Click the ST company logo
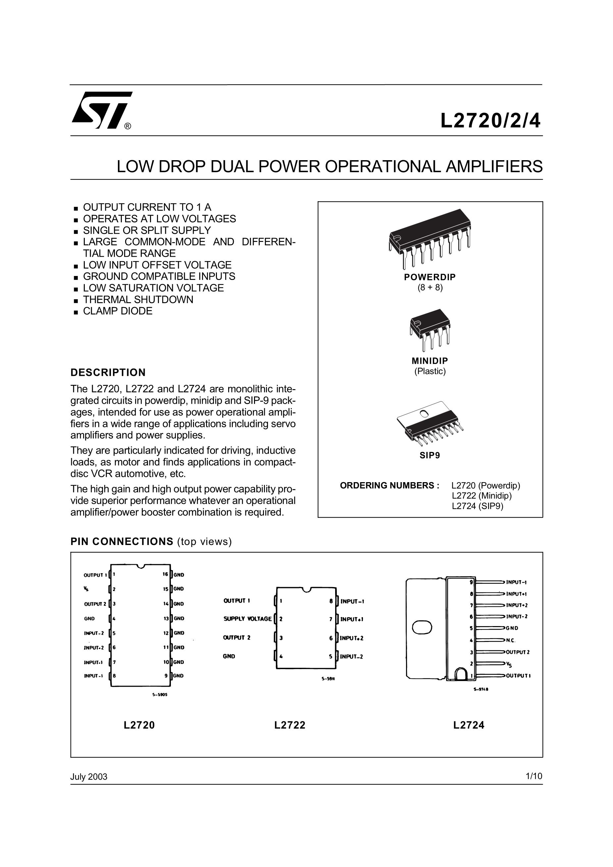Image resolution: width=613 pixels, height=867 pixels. click(x=101, y=110)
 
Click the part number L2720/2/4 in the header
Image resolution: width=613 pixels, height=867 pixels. click(x=490, y=121)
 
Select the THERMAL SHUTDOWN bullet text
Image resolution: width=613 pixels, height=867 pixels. click(x=138, y=299)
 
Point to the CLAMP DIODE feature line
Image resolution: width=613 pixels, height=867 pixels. click(x=118, y=311)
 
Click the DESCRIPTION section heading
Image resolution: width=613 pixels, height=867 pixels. click(x=108, y=372)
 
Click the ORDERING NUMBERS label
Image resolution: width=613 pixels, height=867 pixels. click(x=389, y=485)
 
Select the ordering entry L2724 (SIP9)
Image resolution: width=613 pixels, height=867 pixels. click(x=478, y=506)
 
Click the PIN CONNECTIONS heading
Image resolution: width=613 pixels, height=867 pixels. click(x=122, y=541)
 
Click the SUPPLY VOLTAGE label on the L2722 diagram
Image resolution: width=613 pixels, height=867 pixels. click(x=247, y=619)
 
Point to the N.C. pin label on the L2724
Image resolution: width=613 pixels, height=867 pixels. click(x=511, y=640)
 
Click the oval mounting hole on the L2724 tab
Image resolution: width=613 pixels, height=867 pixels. click(x=422, y=627)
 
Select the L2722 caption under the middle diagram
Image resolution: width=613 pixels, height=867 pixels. click(x=290, y=725)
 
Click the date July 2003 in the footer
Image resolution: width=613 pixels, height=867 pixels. click(x=89, y=777)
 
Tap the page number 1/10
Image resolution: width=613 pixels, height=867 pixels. click(x=534, y=776)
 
